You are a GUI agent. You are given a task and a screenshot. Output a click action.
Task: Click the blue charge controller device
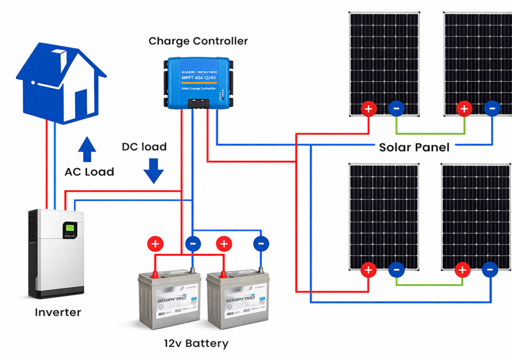pyautogui.click(x=198, y=82)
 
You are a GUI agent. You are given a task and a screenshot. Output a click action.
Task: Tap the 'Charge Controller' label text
pyautogui.click(x=198, y=41)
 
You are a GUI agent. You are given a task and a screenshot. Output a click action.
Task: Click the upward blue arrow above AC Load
pyautogui.click(x=87, y=149)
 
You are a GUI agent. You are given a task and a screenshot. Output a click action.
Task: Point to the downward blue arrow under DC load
pyautogui.click(x=153, y=170)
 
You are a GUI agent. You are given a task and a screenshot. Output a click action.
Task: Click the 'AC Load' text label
pyautogui.click(x=89, y=172)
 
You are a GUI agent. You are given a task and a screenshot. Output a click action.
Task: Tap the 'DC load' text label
pyautogui.click(x=144, y=147)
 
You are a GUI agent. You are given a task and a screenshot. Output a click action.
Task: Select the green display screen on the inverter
pyautogui.click(x=69, y=229)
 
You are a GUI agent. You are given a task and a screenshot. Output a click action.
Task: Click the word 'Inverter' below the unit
pyautogui.click(x=58, y=312)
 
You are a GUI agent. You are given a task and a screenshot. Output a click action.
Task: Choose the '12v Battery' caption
pyautogui.click(x=196, y=343)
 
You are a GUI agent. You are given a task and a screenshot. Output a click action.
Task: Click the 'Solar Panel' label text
pyautogui.click(x=414, y=147)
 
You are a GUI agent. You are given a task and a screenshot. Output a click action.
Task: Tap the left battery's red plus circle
pyautogui.click(x=155, y=244)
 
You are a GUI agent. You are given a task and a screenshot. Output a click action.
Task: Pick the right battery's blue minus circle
pyautogui.click(x=261, y=244)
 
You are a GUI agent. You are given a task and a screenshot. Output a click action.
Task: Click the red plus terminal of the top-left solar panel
pyautogui.click(x=369, y=108)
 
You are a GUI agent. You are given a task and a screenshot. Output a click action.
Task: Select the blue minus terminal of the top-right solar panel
pyautogui.click(x=491, y=108)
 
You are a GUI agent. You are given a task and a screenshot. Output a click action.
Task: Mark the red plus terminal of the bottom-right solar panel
pyautogui.click(x=462, y=270)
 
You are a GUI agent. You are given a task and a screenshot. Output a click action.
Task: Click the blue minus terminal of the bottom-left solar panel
pyautogui.click(x=396, y=270)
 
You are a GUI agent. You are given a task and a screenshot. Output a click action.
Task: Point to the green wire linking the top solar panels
pyautogui.click(x=430, y=133)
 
